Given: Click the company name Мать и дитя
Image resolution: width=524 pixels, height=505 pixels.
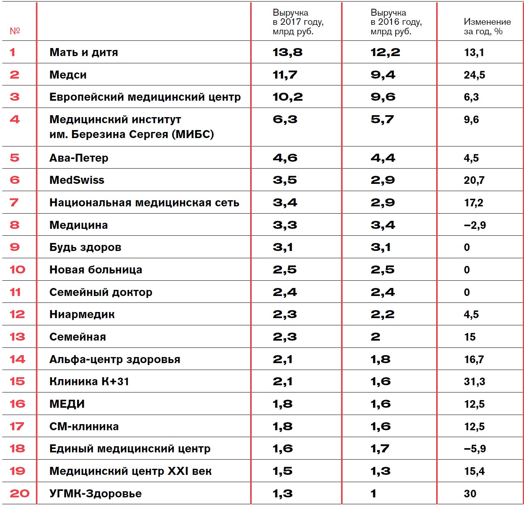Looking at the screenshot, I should (84, 52).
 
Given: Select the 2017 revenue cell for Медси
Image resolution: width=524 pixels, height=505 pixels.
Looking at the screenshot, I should (285, 75).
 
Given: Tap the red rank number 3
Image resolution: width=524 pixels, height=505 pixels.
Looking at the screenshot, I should (15, 97).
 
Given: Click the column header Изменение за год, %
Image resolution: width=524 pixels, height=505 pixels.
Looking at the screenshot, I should (487, 27).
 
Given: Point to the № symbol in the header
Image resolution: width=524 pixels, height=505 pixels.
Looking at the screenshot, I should (15, 31).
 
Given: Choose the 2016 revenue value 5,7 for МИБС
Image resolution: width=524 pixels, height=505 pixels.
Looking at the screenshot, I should (382, 119).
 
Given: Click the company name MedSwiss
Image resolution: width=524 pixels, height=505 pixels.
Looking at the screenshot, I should (77, 180).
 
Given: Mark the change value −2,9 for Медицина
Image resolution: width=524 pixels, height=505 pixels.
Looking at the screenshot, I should (475, 225).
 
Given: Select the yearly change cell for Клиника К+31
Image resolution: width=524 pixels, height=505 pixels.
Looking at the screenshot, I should (474, 381).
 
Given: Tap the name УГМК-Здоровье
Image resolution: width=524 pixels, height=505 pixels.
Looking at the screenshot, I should (95, 494).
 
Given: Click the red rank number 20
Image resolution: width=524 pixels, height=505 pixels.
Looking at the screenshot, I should (19, 494).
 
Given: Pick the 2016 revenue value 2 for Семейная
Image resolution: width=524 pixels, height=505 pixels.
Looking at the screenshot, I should (375, 337).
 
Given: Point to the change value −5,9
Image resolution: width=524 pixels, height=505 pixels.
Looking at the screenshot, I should (475, 449).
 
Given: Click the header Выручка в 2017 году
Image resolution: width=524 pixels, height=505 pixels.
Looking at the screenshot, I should (298, 22).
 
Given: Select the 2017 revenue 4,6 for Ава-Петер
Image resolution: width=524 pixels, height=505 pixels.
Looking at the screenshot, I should (285, 158).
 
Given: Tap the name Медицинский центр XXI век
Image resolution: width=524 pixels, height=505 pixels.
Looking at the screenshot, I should (130, 471).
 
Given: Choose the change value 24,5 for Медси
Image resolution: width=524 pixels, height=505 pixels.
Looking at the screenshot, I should (474, 75).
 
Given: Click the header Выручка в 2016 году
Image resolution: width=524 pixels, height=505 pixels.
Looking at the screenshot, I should (396, 22).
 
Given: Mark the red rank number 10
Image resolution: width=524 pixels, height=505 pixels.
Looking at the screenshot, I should (17, 270).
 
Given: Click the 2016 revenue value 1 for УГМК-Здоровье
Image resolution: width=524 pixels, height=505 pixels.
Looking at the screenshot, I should (374, 494).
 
